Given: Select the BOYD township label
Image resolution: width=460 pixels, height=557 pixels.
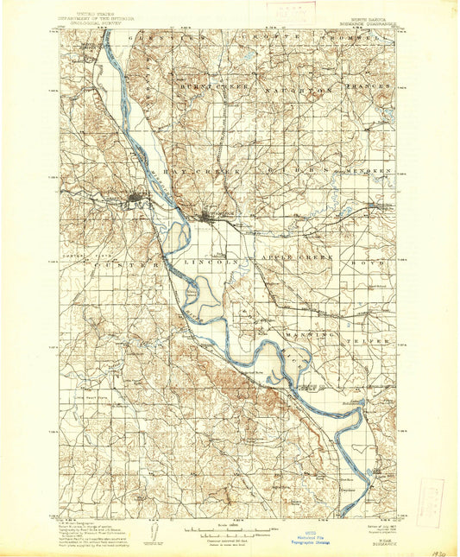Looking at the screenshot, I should [368, 258].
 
